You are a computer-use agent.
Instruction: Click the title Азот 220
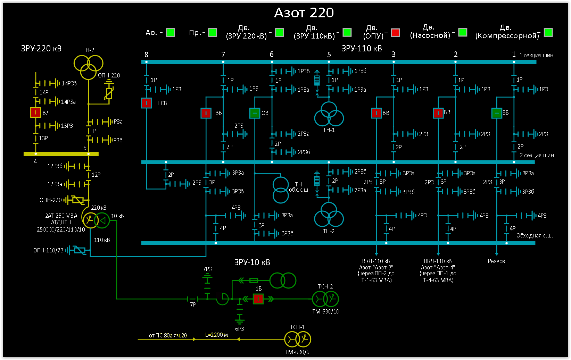[x=304, y=13]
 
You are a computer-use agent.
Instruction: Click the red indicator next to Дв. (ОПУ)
[x=395, y=33]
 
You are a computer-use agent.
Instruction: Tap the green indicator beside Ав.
[x=171, y=33]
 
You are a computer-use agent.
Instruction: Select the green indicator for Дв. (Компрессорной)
[x=548, y=33]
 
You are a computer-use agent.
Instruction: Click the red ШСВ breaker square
[x=146, y=103]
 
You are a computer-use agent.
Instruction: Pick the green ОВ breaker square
[x=255, y=113]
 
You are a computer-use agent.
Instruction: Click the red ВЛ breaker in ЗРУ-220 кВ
[x=35, y=112]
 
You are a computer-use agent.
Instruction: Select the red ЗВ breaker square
[x=206, y=113]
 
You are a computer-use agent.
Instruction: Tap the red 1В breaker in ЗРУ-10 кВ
[x=258, y=299]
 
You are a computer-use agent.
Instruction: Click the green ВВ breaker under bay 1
[x=497, y=113]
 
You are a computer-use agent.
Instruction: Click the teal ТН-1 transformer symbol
[x=329, y=115]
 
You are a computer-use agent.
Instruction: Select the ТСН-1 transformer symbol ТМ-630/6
[x=298, y=339]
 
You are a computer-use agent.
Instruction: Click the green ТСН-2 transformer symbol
[x=325, y=299]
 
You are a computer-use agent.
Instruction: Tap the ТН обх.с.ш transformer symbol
[x=281, y=190]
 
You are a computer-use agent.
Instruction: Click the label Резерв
[x=496, y=261]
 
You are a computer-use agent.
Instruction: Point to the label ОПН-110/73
[x=48, y=250]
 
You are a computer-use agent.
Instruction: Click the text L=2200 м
[x=216, y=335]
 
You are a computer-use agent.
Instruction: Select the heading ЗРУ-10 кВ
[x=252, y=262]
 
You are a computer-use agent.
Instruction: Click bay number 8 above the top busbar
[x=146, y=55]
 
